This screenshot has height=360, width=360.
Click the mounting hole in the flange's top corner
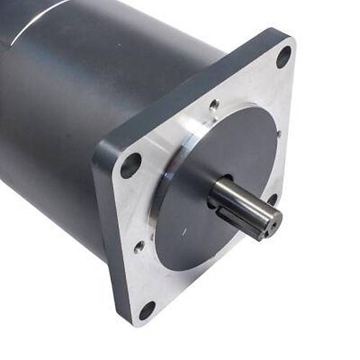(x=284, y=56)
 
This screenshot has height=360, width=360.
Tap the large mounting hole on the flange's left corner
(x=131, y=165)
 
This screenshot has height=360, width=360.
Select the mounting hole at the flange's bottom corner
(x=147, y=310)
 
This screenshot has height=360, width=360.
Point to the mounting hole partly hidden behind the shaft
(x=272, y=199)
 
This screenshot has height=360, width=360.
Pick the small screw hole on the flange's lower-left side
(x=139, y=246)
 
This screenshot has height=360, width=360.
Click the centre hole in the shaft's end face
(x=271, y=224)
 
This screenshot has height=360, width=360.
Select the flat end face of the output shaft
(x=270, y=224)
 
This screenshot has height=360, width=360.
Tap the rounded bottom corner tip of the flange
(x=137, y=324)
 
